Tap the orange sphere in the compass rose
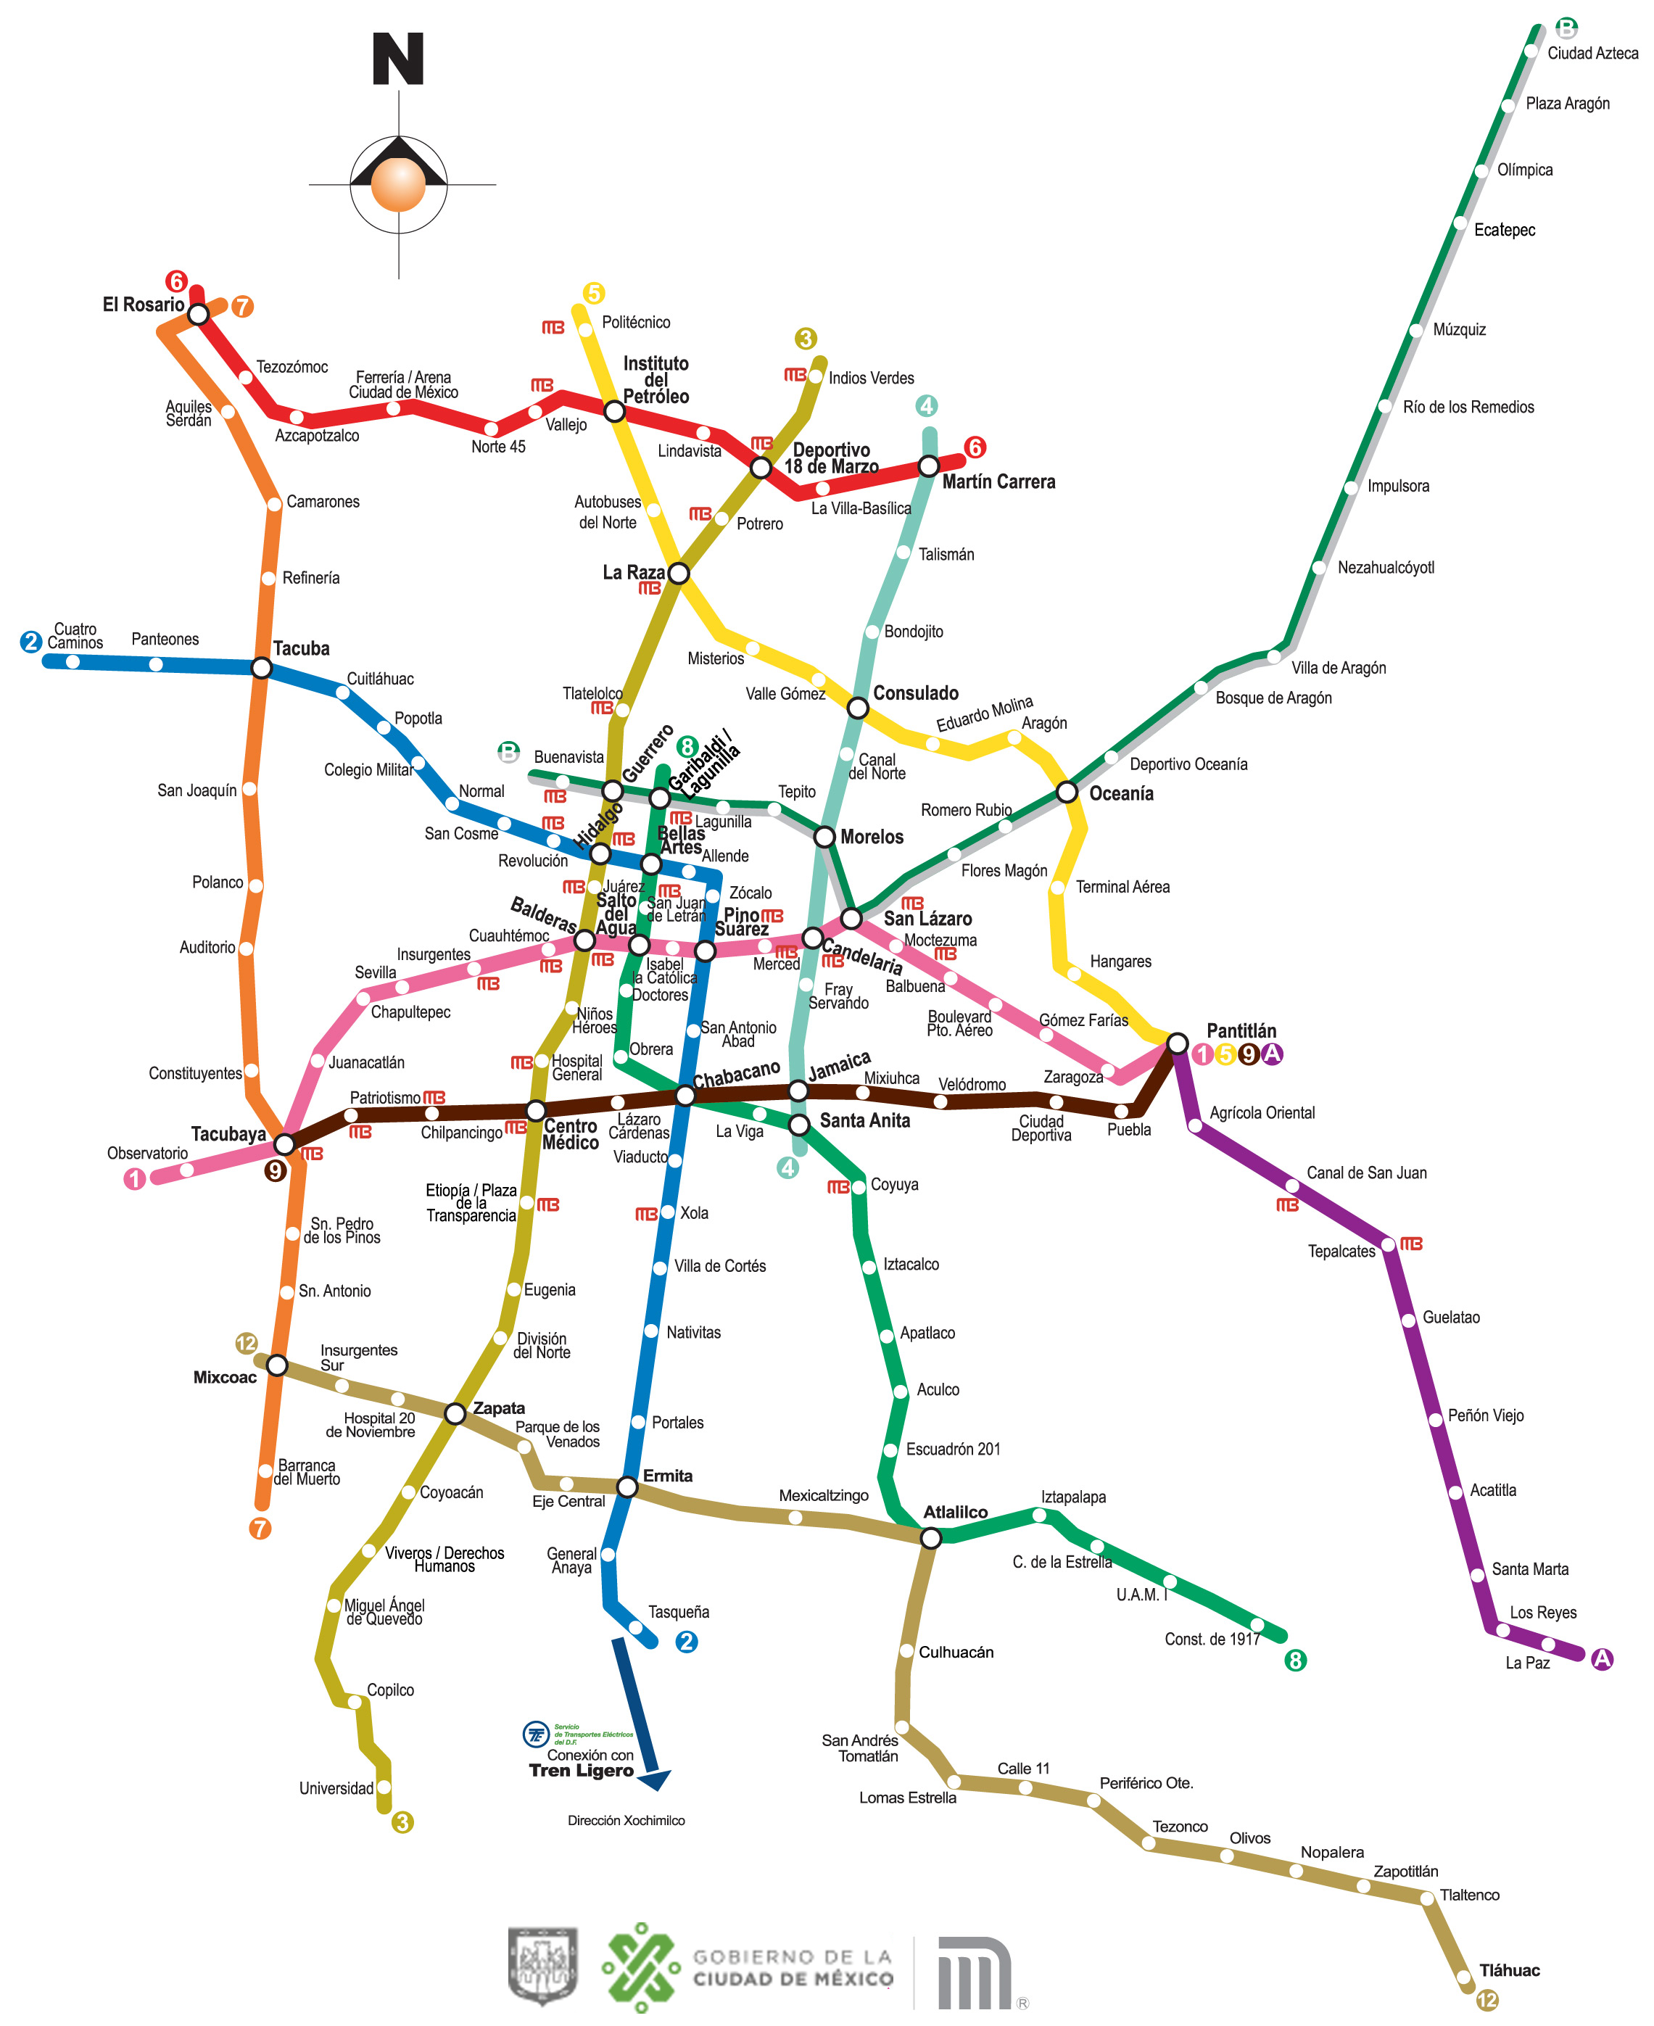397,184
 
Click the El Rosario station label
143,305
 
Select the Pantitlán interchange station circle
1178,1044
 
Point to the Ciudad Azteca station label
1592,54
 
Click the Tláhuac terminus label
1509,1969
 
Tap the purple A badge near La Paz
1603,1658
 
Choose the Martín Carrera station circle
928,467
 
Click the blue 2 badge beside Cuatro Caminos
30,641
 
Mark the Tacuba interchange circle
261,668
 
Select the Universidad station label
336,1788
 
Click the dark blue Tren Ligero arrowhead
656,1778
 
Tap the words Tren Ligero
582,1770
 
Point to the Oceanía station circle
1067,792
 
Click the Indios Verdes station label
871,378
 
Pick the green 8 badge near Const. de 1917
1295,1661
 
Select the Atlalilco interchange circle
931,1537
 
